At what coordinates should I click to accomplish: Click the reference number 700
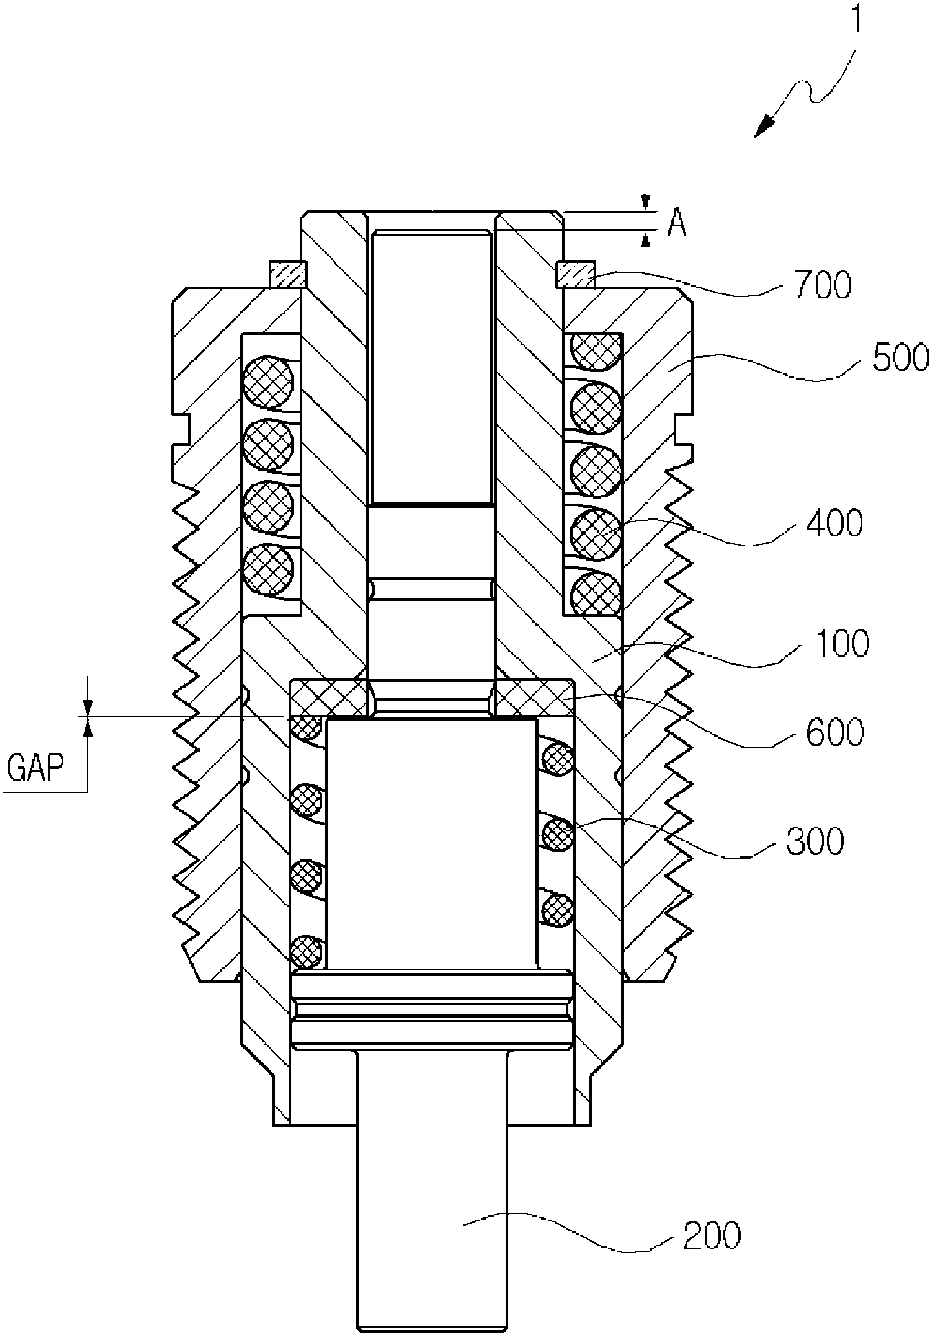click(x=823, y=285)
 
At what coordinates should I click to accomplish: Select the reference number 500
click(x=900, y=358)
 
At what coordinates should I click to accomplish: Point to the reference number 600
click(x=835, y=732)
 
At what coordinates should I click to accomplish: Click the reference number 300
click(x=815, y=841)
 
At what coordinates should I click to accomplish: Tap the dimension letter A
click(x=677, y=225)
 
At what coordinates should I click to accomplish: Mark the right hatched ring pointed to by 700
click(x=574, y=274)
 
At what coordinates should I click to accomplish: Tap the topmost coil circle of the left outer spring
click(x=269, y=380)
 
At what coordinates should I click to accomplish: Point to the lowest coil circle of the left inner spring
click(x=307, y=952)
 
